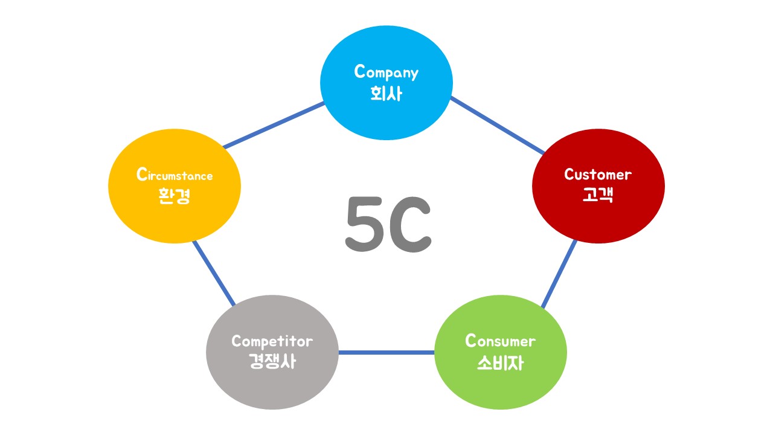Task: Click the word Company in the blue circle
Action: click(386, 73)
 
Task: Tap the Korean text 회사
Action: click(386, 94)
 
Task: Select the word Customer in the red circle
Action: click(598, 175)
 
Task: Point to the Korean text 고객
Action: click(598, 195)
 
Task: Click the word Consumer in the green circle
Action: click(500, 341)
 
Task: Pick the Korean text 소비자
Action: click(500, 362)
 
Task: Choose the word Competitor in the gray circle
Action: click(272, 341)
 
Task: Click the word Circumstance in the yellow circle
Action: click(175, 176)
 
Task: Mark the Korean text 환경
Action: click(175, 196)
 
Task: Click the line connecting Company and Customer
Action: click(496, 124)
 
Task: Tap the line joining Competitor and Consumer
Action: click(386, 352)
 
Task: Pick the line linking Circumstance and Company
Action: click(274, 125)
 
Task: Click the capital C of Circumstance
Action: click(142, 175)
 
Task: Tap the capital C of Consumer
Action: click(471, 341)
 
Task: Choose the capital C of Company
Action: click(361, 71)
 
